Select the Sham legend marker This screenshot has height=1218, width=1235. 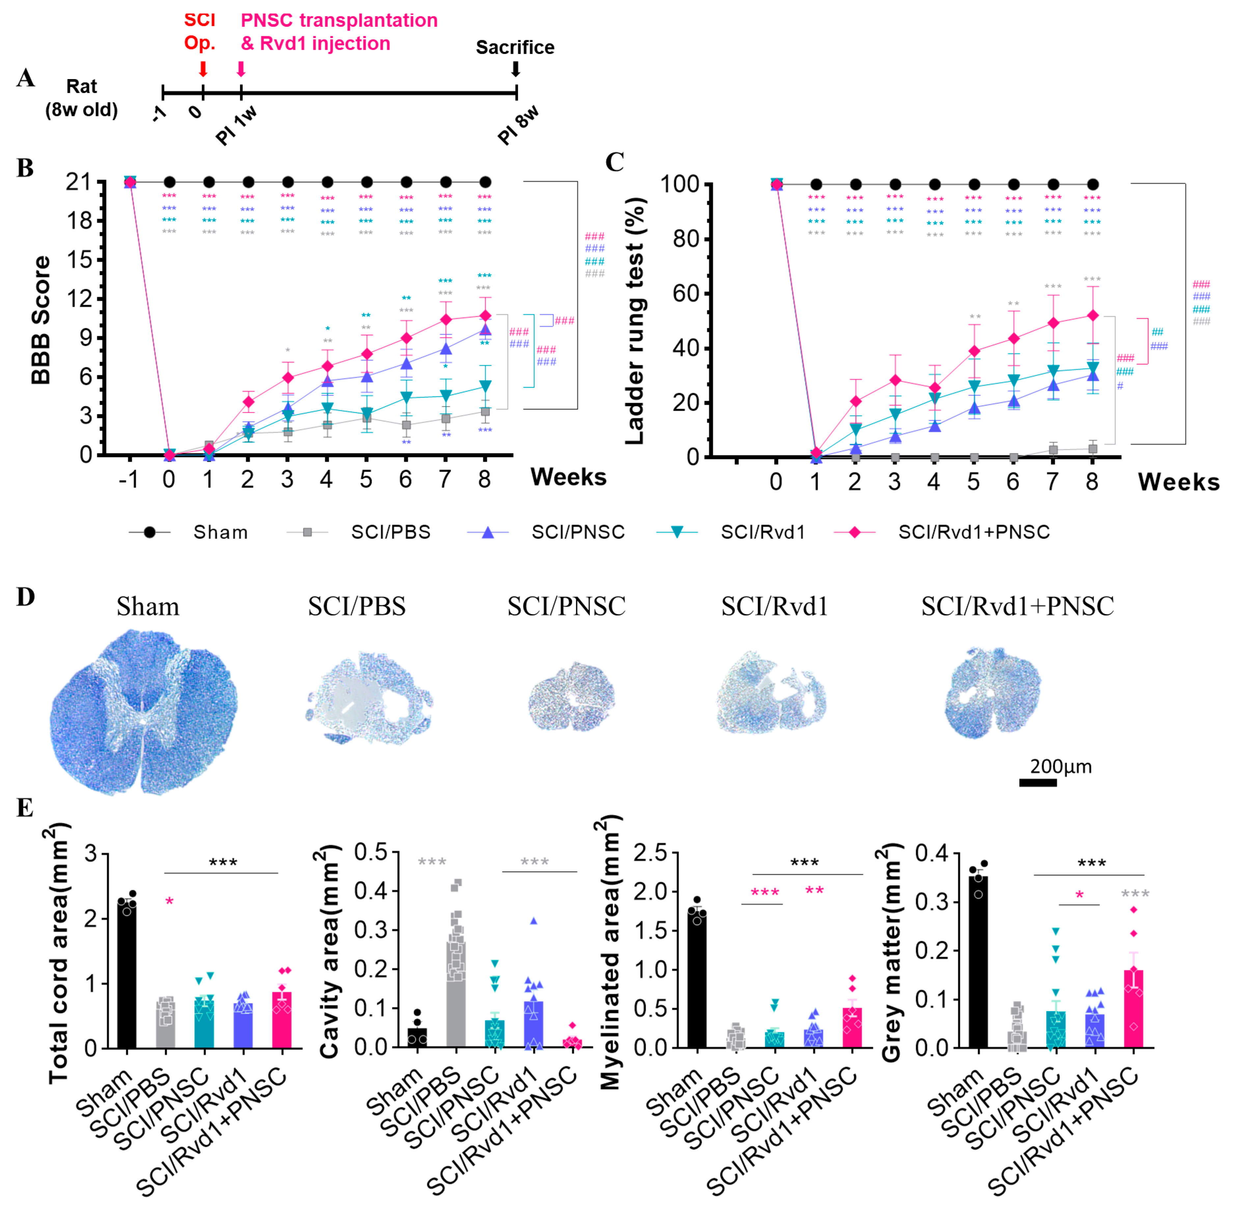coord(150,532)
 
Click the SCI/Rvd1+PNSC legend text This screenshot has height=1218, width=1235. coord(973,532)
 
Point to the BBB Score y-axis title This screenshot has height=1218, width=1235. coord(40,320)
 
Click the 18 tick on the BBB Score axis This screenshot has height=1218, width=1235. coord(80,221)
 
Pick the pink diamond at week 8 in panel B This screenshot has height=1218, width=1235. coord(485,316)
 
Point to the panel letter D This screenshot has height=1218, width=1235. coord(26,597)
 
